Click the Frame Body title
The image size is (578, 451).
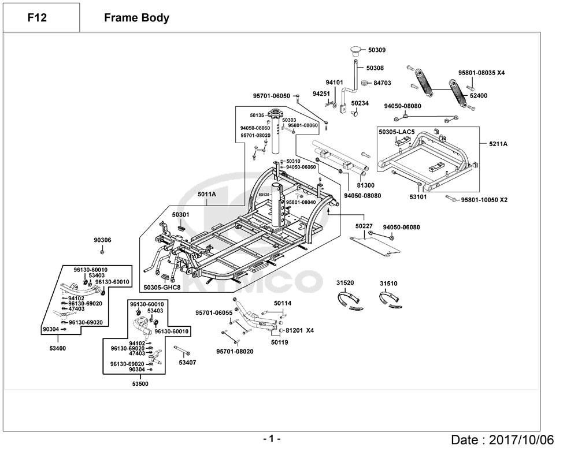pyautogui.click(x=136, y=18)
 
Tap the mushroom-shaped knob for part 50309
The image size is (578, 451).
pyautogui.click(x=354, y=49)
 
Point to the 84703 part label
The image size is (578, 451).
pyautogui.click(x=382, y=83)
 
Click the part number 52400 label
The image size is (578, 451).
pyautogui.click(x=478, y=95)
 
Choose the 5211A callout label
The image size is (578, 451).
pyautogui.click(x=498, y=143)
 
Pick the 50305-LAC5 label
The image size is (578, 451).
pyautogui.click(x=397, y=132)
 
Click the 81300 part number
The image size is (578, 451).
pyautogui.click(x=365, y=185)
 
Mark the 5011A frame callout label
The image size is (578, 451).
pyautogui.click(x=206, y=195)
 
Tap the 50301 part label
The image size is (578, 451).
pyautogui.click(x=180, y=215)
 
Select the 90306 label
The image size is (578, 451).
pyautogui.click(x=102, y=240)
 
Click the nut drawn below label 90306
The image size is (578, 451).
pyautogui.click(x=102, y=251)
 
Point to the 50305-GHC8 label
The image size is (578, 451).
pyautogui.click(x=162, y=287)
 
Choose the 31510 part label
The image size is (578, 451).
pyautogui.click(x=388, y=284)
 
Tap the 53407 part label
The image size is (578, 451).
pyautogui.click(x=187, y=363)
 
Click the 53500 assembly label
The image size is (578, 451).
pyautogui.click(x=140, y=383)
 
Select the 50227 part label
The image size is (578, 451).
pyautogui.click(x=364, y=226)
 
